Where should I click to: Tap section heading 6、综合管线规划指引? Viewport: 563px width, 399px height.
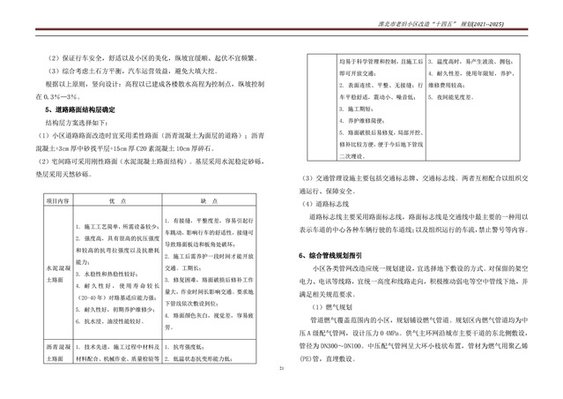click(x=335, y=253)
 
